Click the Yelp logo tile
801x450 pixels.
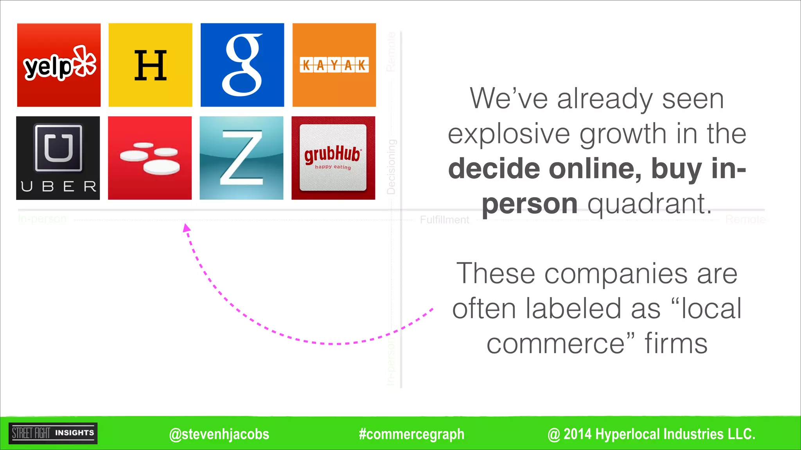[x=59, y=65]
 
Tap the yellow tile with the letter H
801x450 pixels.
[x=150, y=65]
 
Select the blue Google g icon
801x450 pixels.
[x=242, y=65]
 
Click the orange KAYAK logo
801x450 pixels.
[x=334, y=65]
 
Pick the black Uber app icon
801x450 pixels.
[x=58, y=158]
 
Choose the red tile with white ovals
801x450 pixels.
[x=150, y=158]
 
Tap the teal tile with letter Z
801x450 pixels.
[x=241, y=158]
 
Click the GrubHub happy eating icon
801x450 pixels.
[x=333, y=158]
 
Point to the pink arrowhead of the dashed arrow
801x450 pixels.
[x=187, y=228]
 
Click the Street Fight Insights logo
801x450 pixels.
[x=53, y=433]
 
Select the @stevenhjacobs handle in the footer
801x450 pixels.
[x=219, y=434]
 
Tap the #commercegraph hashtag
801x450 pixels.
[x=411, y=434]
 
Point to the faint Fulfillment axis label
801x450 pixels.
[x=444, y=220]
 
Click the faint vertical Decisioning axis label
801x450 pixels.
[x=391, y=167]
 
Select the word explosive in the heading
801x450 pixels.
[x=509, y=134]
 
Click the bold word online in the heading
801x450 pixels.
[x=595, y=169]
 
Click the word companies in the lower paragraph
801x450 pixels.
[x=616, y=273]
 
